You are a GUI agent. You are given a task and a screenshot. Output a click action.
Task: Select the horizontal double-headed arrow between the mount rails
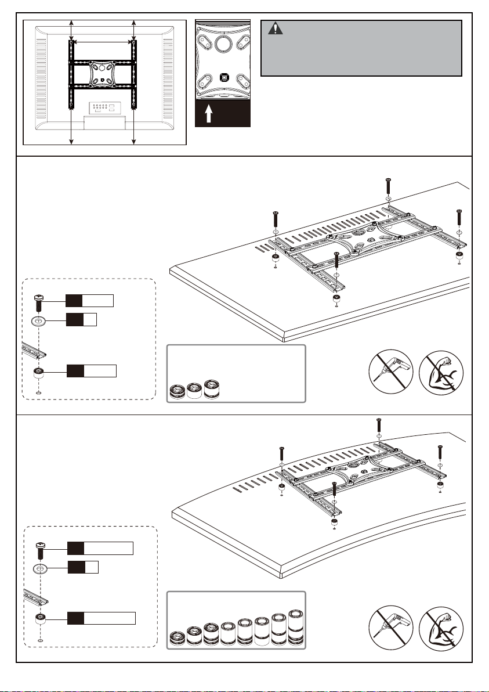point(102,42)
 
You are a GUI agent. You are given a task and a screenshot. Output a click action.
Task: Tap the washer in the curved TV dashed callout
point(41,568)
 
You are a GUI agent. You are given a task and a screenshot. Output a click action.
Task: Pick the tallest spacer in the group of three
point(213,388)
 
